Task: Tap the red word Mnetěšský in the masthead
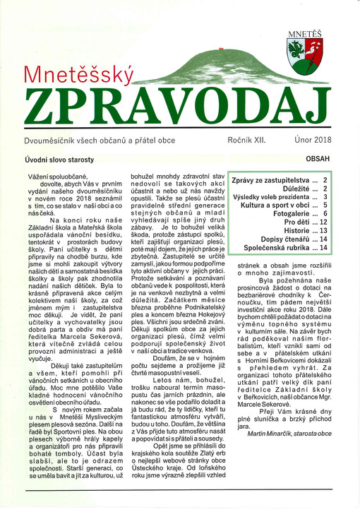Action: tap(79, 76)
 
